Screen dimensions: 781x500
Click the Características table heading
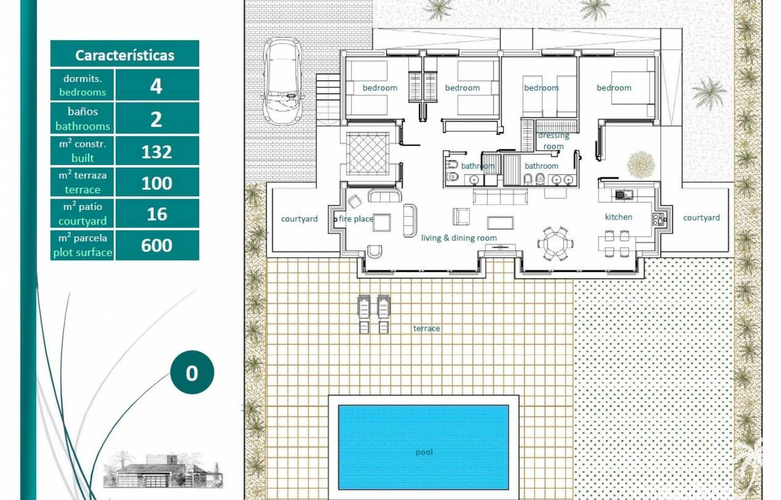pos(124,55)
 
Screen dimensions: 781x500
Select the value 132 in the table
pos(157,152)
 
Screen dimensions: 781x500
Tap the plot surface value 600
pos(157,246)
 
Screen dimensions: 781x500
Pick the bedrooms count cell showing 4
pos(156,86)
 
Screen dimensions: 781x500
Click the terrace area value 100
pos(157,183)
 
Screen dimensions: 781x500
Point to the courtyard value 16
pos(157,214)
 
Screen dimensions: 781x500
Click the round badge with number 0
pos(192,373)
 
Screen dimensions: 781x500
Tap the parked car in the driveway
pos(282,82)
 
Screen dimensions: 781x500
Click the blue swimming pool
pos(423,447)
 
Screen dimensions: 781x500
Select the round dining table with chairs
pos(556,243)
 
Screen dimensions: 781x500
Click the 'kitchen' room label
pos(618,217)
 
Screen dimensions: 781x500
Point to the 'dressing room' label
pos(554,141)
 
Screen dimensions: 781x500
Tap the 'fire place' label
pos(356,219)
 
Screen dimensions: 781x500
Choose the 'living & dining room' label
pos(459,238)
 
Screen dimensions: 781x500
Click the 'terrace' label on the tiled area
pos(427,328)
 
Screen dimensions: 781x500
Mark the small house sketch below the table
pos(163,470)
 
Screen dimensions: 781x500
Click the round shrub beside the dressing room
pos(640,165)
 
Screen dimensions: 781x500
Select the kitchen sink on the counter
pos(624,194)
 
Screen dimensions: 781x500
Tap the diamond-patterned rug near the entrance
pos(368,153)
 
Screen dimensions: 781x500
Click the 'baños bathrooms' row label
pos(82,119)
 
